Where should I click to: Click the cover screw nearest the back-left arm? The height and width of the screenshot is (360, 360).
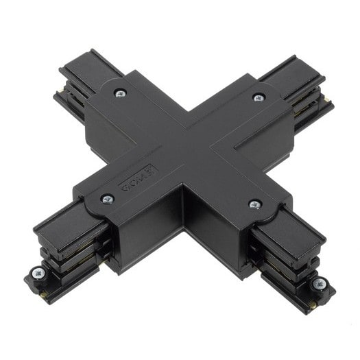point(120,93)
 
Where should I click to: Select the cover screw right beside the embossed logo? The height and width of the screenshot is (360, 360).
point(108,199)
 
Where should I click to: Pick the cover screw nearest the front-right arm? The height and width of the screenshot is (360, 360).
point(254,204)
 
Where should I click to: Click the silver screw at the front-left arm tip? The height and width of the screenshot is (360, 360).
point(37,274)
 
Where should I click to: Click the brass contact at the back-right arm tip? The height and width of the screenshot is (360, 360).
point(328,100)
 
